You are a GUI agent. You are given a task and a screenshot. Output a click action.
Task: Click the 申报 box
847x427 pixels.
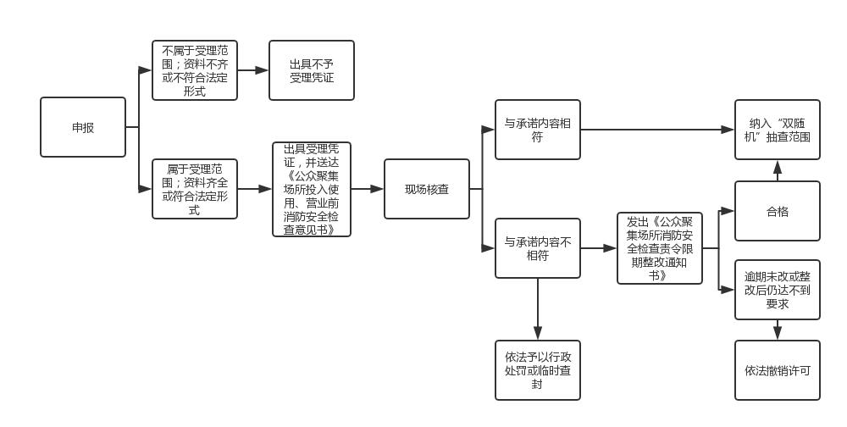[83, 127]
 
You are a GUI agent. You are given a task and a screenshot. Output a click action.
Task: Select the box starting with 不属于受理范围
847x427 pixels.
[195, 70]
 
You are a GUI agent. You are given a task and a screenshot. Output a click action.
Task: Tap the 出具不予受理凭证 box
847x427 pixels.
[312, 70]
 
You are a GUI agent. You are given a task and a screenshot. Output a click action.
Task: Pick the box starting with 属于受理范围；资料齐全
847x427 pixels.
[195, 189]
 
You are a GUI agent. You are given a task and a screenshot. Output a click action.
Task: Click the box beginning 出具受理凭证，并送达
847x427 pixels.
[312, 189]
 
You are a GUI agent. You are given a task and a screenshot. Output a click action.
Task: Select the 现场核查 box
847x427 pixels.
[427, 189]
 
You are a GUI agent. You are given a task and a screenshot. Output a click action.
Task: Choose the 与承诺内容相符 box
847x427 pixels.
[538, 130]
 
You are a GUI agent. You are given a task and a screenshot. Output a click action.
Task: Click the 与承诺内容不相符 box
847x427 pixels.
[538, 248]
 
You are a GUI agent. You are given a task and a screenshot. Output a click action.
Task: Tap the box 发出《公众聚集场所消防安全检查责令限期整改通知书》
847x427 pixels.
[660, 248]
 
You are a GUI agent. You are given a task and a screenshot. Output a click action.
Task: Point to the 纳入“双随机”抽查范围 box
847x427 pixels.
[778, 130]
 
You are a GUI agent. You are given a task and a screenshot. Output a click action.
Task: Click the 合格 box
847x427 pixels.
[778, 211]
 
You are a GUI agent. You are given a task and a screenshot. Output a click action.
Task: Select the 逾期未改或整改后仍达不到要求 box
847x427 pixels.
[778, 290]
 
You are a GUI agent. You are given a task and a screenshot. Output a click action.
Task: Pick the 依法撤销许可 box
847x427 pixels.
[778, 370]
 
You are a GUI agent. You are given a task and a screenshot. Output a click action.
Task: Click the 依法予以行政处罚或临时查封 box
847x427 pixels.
[538, 370]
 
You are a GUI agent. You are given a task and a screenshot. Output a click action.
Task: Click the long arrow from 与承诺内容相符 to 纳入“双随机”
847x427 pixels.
[657, 130]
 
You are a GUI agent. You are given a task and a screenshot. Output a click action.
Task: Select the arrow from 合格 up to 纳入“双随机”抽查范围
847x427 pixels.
[778, 170]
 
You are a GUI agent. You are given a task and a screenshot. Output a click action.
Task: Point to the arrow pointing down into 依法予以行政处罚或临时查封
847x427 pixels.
[538, 309]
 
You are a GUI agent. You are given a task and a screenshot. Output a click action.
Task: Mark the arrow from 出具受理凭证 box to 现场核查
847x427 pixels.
[367, 189]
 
